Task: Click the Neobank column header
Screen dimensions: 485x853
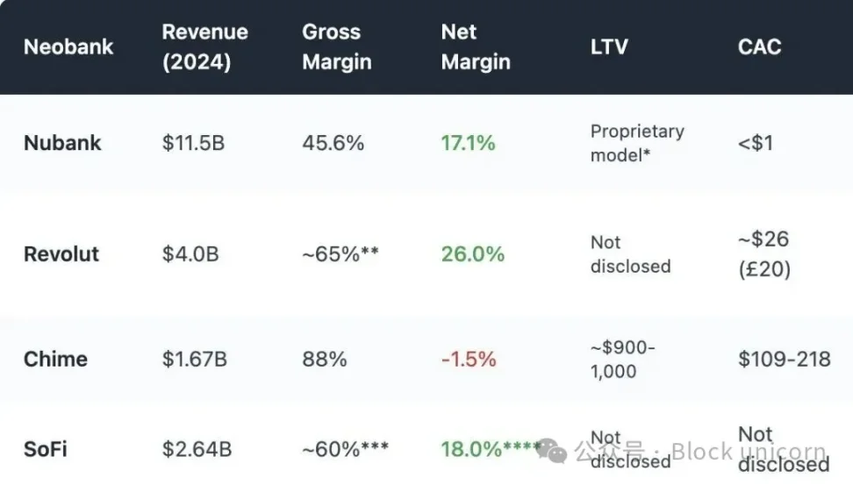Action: point(68,46)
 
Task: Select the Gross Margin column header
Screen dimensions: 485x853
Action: point(337,46)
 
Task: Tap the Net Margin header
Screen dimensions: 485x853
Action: point(475,46)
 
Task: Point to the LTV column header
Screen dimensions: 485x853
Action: point(609,46)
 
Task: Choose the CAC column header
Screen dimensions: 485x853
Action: point(760,46)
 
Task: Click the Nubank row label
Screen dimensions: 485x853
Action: point(62,142)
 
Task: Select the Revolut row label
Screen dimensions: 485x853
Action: point(61,254)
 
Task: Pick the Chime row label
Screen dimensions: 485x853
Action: point(55,359)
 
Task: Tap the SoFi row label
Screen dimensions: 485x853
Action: point(46,450)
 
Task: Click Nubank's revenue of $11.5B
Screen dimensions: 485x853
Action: point(193,142)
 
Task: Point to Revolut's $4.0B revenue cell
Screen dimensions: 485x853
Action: point(190,254)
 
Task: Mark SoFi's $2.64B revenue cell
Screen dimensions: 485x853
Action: point(197,450)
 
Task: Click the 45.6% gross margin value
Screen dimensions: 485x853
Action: point(333,142)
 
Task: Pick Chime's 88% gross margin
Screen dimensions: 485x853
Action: point(324,359)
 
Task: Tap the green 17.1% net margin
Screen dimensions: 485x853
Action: point(468,142)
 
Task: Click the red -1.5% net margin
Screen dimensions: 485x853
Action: point(469,359)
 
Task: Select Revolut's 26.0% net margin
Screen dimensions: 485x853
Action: point(472,254)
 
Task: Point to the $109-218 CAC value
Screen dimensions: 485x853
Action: point(784,359)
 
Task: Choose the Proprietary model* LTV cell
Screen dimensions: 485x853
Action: point(637,142)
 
